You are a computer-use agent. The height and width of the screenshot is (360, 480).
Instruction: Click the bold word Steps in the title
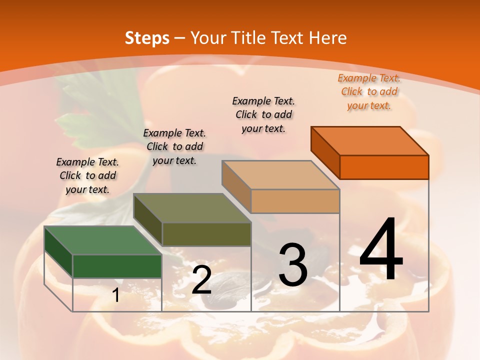coord(147,38)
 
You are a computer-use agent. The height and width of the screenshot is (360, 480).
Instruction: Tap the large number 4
coord(381,249)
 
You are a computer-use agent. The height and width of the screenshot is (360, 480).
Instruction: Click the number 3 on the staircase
coord(292,264)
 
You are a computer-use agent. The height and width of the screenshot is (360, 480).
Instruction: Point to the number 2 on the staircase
coord(201,280)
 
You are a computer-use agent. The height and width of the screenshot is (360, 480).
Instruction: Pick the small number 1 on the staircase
coord(115,295)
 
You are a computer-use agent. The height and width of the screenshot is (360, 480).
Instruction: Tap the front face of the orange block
coord(384,167)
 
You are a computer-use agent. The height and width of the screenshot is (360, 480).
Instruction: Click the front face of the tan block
coord(295,201)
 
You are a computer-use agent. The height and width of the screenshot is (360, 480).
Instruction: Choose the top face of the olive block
coord(192,208)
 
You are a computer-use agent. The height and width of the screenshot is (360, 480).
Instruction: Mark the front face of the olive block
coord(206,234)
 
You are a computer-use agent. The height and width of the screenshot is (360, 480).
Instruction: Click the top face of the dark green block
coord(103,240)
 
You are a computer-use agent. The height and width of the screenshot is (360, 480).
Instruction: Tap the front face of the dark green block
coord(117,266)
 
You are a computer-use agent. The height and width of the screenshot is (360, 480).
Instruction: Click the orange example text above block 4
coord(369,91)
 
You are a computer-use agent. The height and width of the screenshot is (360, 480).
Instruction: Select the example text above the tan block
coord(263,114)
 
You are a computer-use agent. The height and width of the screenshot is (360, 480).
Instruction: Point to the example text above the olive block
coord(174,146)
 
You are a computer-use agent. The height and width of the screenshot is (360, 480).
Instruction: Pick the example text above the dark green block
coord(87,175)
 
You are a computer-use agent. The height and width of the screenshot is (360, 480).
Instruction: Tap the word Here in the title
coord(328,38)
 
